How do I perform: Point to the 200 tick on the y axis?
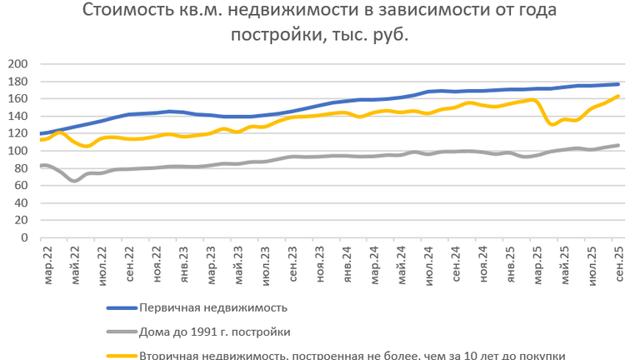pyautogui.click(x=17, y=64)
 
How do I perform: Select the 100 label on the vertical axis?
pyautogui.click(x=17, y=151)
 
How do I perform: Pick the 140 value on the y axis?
pyautogui.click(x=17, y=116)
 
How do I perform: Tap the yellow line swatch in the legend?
pyautogui.click(x=122, y=355)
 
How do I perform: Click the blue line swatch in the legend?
pyautogui.click(x=122, y=307)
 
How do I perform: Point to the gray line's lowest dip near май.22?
pyautogui.click(x=75, y=180)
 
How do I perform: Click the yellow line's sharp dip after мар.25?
pyautogui.click(x=551, y=124)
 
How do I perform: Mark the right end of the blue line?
pyautogui.click(x=617, y=84)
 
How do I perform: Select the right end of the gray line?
pyautogui.click(x=617, y=145)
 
